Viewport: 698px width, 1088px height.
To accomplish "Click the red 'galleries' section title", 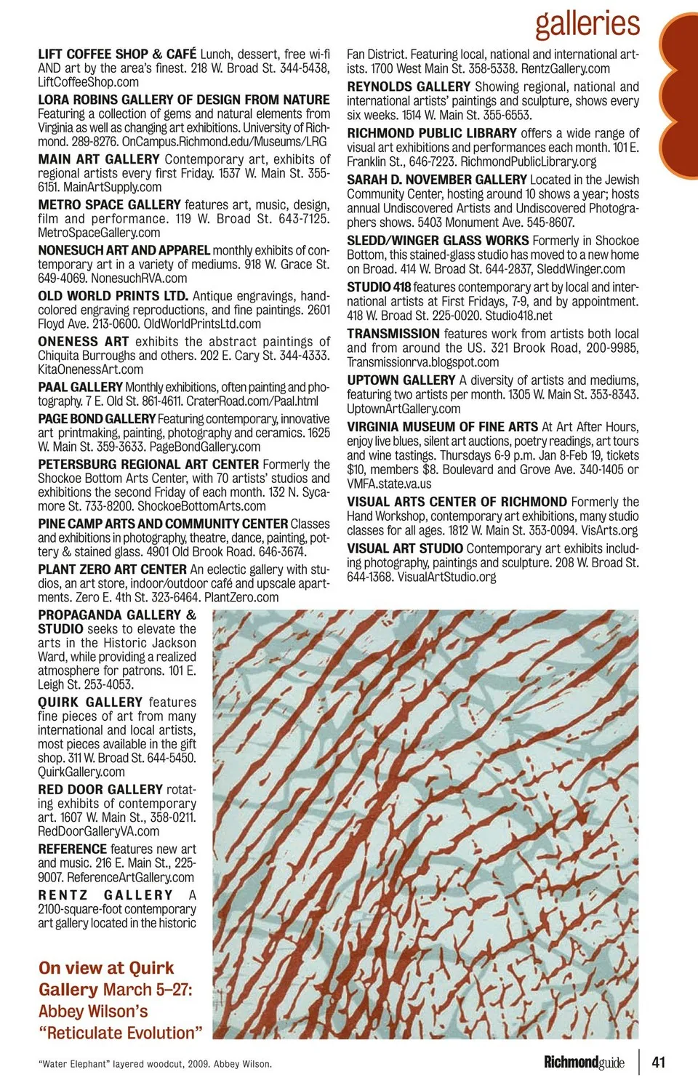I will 587,23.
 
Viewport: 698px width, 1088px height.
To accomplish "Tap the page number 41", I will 658,1062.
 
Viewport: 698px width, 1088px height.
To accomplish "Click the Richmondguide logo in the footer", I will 584,1063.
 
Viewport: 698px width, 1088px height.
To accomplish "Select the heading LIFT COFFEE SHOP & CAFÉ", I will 117,55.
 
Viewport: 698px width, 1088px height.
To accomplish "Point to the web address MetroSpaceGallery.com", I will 99,233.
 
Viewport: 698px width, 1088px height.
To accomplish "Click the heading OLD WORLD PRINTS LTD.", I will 113,296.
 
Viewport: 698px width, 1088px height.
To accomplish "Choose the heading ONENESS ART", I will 84,342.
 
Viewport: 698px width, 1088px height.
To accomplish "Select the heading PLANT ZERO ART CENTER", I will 113,569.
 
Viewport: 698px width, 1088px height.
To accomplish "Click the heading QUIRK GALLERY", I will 90,703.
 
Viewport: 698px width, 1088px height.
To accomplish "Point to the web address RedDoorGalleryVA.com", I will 98,831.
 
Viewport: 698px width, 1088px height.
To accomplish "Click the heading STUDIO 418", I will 379,287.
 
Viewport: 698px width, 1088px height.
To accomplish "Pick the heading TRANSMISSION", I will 393,334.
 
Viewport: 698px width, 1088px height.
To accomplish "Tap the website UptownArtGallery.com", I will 404,409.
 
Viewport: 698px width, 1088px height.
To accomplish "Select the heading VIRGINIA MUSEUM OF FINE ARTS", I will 443,427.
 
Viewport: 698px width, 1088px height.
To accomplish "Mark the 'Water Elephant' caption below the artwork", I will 155,1064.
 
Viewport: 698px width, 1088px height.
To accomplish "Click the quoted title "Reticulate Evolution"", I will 121,1033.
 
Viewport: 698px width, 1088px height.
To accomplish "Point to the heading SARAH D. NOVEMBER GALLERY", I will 437,180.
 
